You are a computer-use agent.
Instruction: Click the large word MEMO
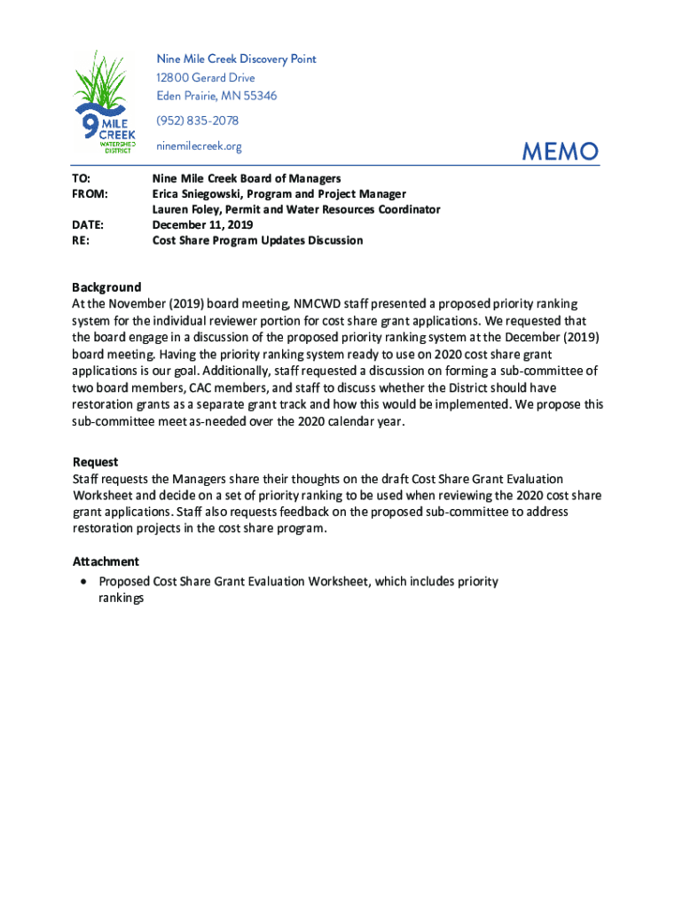(560, 152)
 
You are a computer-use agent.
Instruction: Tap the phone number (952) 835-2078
(197, 121)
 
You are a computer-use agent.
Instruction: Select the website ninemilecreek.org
(199, 146)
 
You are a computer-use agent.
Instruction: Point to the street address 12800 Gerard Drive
(205, 77)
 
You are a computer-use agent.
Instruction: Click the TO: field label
(81, 178)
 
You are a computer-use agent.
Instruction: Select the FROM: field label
(90, 193)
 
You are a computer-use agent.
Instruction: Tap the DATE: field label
(88, 225)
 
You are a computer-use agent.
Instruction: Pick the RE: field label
(80, 240)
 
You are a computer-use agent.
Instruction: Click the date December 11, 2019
(203, 225)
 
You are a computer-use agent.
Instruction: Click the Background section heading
(106, 287)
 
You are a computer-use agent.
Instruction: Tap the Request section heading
(95, 462)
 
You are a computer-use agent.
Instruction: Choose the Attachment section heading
(106, 561)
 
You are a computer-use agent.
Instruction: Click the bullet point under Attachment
(82, 582)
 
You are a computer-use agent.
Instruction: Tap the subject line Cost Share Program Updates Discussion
(257, 240)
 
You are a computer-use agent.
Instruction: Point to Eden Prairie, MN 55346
(216, 96)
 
